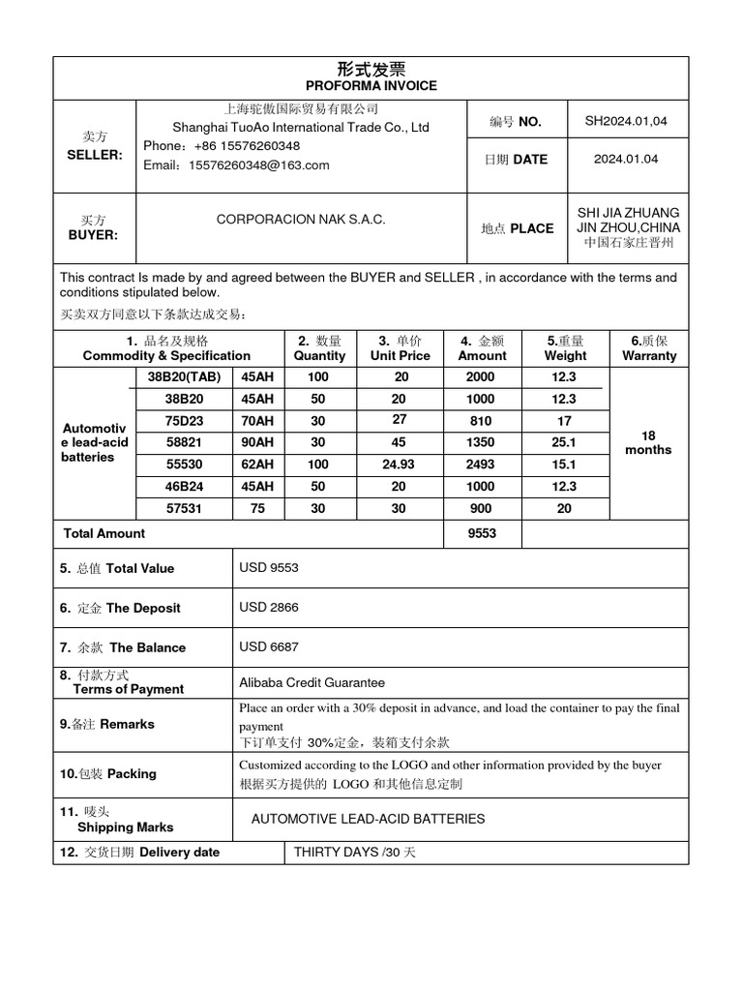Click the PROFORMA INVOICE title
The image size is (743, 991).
[371, 85]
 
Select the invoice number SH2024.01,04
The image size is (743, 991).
[626, 121]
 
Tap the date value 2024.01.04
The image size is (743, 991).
[626, 159]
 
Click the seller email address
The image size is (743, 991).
[236, 165]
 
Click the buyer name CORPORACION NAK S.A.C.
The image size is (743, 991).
[301, 220]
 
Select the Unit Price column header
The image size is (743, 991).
[401, 355]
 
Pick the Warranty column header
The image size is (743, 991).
[649, 355]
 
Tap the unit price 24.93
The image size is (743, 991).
[399, 465]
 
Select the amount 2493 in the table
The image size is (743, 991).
[480, 465]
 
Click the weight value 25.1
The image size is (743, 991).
[564, 442]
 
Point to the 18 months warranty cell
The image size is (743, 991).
[648, 442]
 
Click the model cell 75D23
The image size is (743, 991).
[184, 421]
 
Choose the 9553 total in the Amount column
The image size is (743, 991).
[481, 533]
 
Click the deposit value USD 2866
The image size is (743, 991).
[269, 608]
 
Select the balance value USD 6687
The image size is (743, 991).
[269, 647]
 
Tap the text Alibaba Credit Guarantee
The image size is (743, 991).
[312, 682]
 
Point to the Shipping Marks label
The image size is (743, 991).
[125, 827]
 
